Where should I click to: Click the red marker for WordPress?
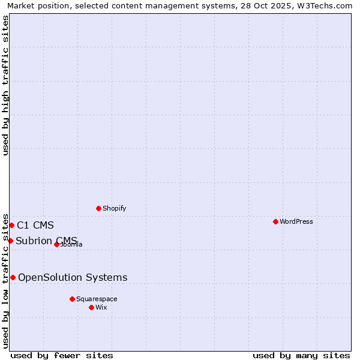(x=275, y=221)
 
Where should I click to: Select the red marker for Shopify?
(x=98, y=208)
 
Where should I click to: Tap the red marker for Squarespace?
(x=72, y=299)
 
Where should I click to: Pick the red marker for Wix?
(x=91, y=307)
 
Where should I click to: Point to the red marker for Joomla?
(x=56, y=244)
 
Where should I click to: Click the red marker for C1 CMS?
(x=11, y=225)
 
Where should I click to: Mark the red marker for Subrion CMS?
(x=10, y=241)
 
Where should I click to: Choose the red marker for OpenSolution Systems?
(x=13, y=277)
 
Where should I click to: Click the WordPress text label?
(x=296, y=221)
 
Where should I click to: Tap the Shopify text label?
(x=115, y=208)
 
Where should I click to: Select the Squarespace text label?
(x=97, y=299)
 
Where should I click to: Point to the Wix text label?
(x=101, y=307)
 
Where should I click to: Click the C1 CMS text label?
(x=35, y=226)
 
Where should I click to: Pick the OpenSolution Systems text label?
(x=73, y=277)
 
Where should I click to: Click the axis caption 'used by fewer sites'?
(x=62, y=355)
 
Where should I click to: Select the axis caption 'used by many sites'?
(x=301, y=355)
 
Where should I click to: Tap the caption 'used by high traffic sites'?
(x=6, y=85)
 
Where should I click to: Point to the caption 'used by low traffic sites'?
(x=6, y=280)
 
